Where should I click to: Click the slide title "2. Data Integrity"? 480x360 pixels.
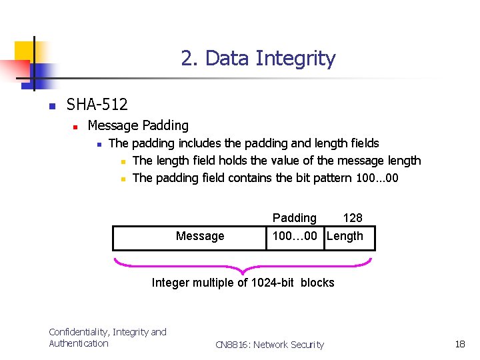pos(258,59)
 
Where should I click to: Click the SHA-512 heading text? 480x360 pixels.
pos(97,105)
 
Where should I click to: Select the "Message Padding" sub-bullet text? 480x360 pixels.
pos(138,125)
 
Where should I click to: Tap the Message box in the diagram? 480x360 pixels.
pos(190,237)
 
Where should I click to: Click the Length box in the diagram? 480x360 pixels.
pos(349,237)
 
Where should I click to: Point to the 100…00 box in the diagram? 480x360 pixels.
pos(295,237)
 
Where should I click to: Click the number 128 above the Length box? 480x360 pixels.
pos(352,218)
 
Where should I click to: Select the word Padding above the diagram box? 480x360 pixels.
pos(295,218)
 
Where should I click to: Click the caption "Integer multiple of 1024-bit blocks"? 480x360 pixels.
pos(243,283)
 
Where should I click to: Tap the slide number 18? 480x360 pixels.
pos(460,344)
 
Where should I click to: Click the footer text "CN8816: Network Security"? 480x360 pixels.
pos(269,345)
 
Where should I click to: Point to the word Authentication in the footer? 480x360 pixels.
pos(79,343)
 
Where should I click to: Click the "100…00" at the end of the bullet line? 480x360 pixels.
pos(377,178)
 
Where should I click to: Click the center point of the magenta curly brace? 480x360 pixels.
pos(243,270)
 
